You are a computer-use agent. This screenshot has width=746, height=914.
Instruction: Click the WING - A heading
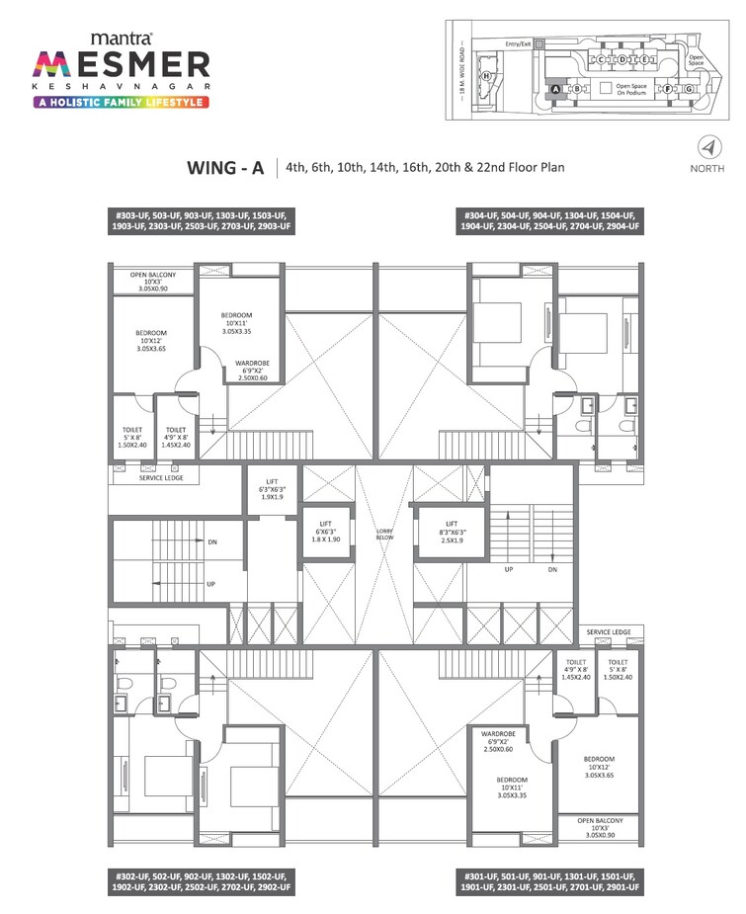(225, 168)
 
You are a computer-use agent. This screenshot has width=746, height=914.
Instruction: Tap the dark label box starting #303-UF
(202, 221)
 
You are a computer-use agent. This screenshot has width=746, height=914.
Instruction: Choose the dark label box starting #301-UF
(549, 881)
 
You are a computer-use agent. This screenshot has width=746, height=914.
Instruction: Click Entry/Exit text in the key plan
(519, 44)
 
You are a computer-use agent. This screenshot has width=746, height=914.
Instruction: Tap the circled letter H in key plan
(486, 75)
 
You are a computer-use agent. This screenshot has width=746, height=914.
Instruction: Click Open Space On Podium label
(631, 88)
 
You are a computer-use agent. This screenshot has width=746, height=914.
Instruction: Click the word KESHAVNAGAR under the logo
(123, 86)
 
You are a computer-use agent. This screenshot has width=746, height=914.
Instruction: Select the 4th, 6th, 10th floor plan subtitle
(425, 168)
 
